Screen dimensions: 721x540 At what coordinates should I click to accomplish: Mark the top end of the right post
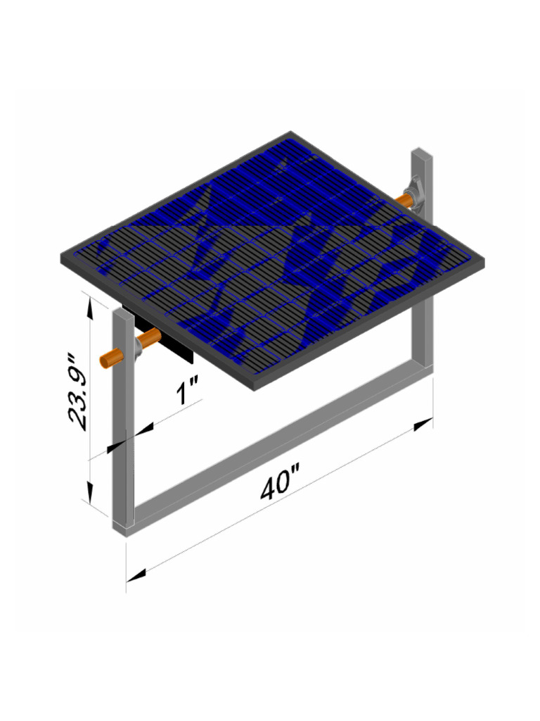point(421,151)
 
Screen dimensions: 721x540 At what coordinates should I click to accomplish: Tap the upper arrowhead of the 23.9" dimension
point(89,304)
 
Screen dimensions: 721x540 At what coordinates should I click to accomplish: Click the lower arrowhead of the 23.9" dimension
point(89,492)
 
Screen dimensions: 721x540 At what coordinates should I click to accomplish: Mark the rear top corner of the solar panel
point(290,133)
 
